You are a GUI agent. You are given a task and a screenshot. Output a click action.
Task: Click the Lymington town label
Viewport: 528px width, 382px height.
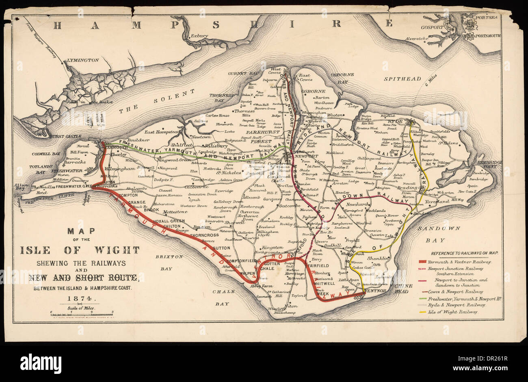coord(82,60)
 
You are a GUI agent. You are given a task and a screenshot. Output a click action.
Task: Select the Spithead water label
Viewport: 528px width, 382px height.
coord(402,79)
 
